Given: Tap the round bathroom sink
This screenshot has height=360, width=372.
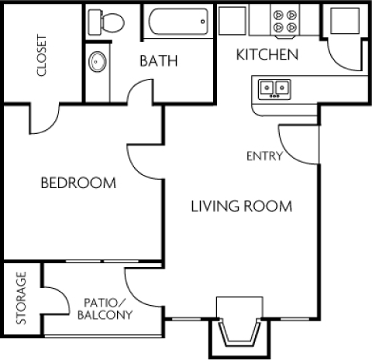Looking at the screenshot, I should tap(98, 60).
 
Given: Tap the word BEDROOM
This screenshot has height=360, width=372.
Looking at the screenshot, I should tap(78, 183).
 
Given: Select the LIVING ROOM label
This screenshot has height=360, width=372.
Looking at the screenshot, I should tap(241, 206).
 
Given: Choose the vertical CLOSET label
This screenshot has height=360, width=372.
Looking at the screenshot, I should tap(41, 56).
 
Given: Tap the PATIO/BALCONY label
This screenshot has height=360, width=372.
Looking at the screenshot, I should tap(105, 310).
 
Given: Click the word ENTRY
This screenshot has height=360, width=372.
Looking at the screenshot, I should tap(263, 156).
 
